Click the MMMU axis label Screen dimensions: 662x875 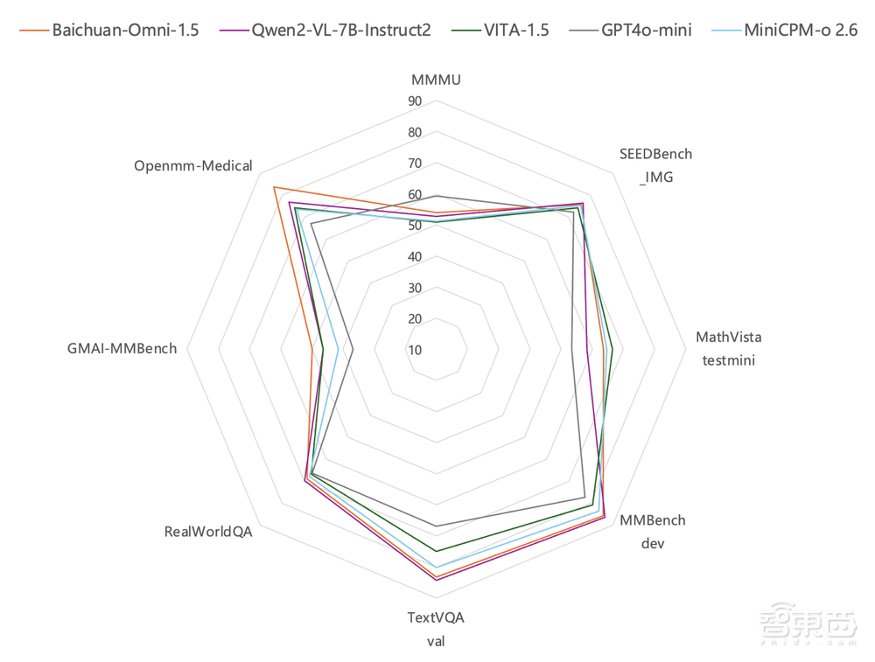[436, 80]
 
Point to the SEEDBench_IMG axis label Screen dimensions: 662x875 [656, 164]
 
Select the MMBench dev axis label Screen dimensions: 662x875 [653, 531]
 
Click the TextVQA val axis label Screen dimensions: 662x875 [436, 629]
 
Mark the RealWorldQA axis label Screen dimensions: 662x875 [208, 531]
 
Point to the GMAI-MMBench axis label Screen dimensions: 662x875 [122, 348]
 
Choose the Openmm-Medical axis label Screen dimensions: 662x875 [193, 165]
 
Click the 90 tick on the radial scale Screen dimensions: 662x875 [414, 101]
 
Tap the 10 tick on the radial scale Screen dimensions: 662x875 [414, 350]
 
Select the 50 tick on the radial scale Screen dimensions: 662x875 [414, 226]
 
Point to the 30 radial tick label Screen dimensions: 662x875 [414, 288]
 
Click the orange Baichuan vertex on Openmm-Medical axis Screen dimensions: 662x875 [274, 187]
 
